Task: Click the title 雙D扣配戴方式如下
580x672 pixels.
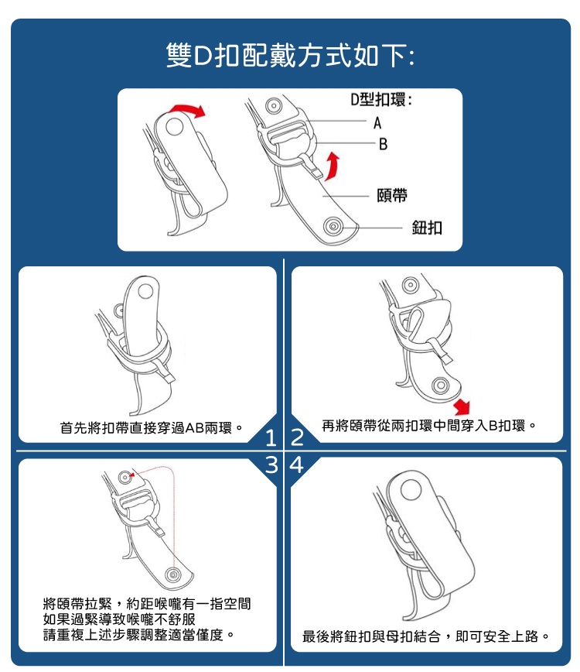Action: click(290, 56)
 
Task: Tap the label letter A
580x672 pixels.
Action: click(377, 123)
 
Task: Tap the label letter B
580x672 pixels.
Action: click(383, 144)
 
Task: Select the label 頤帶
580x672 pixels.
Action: click(391, 195)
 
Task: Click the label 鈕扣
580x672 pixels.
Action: click(427, 228)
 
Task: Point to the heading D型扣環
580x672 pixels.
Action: click(381, 100)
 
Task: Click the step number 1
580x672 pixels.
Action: click(271, 438)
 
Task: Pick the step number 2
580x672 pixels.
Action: click(297, 438)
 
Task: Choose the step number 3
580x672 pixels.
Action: click(271, 465)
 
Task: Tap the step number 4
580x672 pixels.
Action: click(297, 465)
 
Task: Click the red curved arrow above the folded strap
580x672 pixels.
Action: click(186, 110)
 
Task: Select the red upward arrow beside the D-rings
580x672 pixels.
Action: click(332, 166)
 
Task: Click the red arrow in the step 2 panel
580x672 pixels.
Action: click(462, 406)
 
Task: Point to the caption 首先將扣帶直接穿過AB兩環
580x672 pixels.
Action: click(152, 427)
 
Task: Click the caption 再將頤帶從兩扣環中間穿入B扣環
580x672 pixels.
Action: click(429, 426)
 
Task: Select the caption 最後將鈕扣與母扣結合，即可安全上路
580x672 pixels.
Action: click(425, 636)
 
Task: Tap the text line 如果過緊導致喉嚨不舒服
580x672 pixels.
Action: click(119, 619)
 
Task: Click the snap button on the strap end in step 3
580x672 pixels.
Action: click(173, 574)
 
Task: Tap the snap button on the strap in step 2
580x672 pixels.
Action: click(441, 385)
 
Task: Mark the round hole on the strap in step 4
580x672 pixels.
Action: click(411, 490)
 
